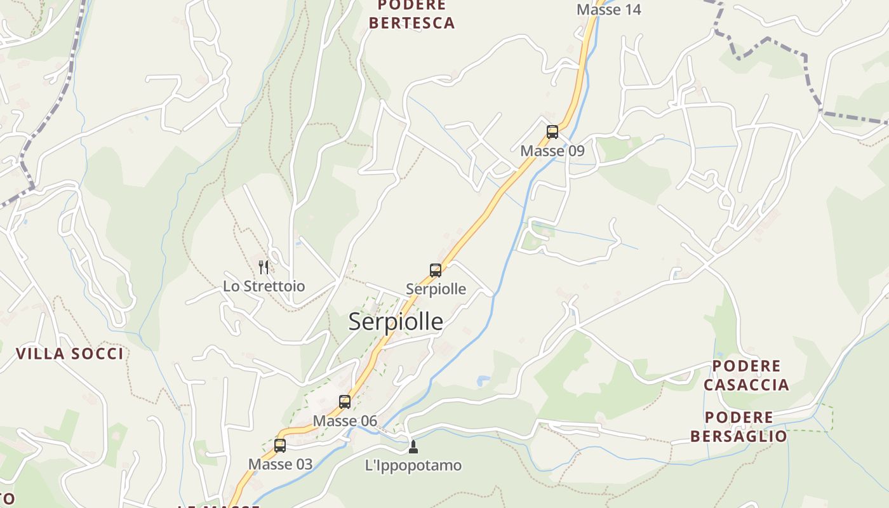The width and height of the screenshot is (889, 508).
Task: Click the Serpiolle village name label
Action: click(396, 322)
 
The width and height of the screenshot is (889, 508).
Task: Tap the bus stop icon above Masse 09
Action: click(552, 132)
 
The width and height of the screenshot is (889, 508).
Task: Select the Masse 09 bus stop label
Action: click(552, 151)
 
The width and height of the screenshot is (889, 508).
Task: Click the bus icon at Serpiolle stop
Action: click(436, 271)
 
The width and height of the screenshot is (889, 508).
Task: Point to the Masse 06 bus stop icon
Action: click(345, 402)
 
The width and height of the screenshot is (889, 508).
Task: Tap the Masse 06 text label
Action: click(345, 421)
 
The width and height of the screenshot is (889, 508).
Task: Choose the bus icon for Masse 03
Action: click(280, 446)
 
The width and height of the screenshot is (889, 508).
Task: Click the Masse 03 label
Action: click(280, 464)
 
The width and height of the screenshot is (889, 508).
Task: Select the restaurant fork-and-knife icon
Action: click(264, 267)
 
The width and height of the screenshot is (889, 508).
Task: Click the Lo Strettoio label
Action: click(264, 286)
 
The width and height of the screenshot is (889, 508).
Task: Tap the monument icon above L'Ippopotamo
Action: click(413, 447)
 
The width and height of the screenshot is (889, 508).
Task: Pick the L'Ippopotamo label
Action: click(413, 465)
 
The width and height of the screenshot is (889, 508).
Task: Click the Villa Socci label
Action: click(70, 354)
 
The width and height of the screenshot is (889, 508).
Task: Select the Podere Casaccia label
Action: click(746, 375)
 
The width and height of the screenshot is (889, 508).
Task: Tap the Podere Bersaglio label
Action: click(739, 427)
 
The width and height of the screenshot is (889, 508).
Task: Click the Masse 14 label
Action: click(609, 10)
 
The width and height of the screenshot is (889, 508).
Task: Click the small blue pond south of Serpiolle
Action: click(483, 381)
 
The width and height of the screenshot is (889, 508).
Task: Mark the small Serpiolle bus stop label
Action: click(436, 290)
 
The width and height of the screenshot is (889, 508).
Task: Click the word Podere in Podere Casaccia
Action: click(746, 366)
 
